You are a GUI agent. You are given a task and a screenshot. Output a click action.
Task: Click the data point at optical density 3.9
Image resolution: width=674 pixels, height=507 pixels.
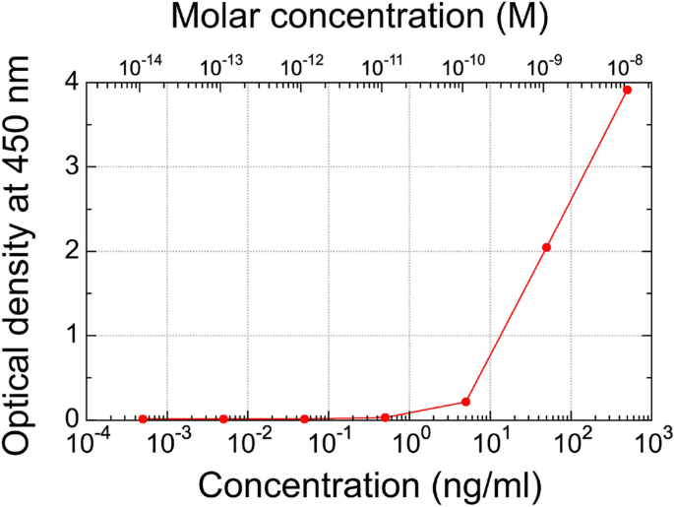coord(627,90)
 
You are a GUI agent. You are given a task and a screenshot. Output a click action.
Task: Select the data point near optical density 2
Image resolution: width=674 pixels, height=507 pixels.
coord(546,247)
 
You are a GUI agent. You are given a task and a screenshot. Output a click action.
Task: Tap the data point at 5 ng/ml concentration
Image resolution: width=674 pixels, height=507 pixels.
coord(465,402)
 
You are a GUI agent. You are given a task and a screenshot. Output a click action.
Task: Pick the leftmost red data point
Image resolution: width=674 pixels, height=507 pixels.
coord(143,418)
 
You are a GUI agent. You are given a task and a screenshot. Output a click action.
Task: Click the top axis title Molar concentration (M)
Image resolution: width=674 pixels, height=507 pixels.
coord(360,18)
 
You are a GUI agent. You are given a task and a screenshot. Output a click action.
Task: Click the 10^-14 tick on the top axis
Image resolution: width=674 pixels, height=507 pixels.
coord(140,66)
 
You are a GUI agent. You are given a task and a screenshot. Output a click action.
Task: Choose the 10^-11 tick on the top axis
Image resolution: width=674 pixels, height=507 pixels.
coord(382,66)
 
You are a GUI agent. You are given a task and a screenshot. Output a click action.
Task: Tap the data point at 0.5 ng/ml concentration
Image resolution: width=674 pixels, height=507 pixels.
coord(385,417)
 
